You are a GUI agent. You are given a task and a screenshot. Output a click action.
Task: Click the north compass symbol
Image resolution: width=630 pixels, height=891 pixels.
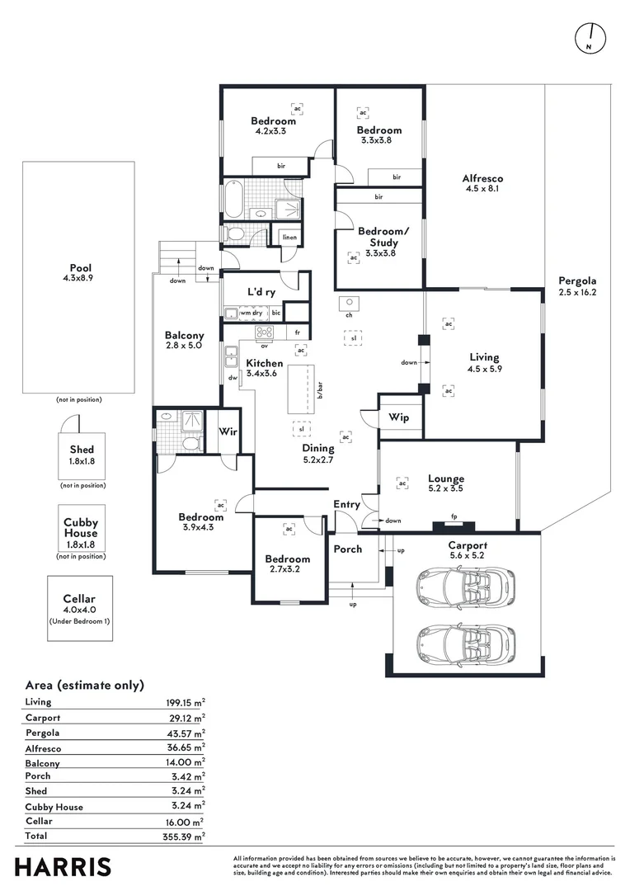coord(590,38)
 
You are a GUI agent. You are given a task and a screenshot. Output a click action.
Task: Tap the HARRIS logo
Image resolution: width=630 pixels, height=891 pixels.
coord(63,867)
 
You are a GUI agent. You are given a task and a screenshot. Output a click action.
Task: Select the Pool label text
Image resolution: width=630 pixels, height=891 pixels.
coord(80,267)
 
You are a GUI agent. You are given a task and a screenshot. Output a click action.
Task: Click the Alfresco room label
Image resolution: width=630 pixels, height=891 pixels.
coord(482,178)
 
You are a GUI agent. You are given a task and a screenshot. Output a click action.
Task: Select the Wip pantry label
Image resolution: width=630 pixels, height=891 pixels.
coord(399,417)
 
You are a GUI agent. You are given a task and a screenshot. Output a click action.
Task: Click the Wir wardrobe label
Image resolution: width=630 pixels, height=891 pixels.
coord(228,431)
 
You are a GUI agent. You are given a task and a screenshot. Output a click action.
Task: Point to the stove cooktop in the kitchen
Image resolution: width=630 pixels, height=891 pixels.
coord(265,332)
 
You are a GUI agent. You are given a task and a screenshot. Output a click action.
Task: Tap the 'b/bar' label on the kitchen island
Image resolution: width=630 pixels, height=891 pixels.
coord(319,389)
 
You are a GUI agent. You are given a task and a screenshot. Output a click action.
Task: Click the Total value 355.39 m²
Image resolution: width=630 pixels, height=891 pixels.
coord(185,836)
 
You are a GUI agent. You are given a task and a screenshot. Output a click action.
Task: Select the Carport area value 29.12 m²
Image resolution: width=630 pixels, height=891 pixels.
coord(185,718)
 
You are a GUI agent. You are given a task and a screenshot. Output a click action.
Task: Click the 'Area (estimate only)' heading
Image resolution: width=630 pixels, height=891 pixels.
coord(84,685)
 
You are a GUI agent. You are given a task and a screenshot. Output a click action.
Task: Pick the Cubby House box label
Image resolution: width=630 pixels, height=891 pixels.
coord(81,527)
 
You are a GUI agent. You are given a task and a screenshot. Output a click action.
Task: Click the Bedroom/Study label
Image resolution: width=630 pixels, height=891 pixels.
coord(378,238)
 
